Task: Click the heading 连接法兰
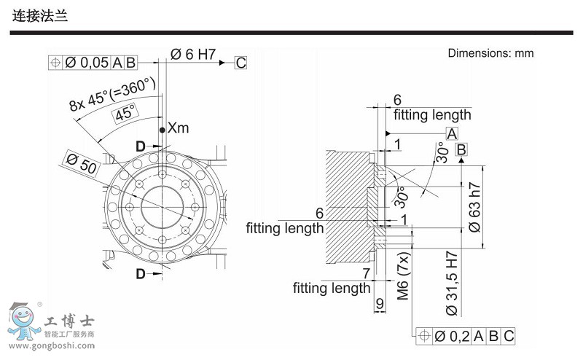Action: pos(41,15)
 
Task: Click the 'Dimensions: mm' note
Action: pos(490,53)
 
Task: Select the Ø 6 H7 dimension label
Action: pos(193,54)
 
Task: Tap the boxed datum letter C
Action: pos(240,63)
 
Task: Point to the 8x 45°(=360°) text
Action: pos(113,94)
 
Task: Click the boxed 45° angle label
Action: pos(125,113)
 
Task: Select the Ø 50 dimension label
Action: pos(81,163)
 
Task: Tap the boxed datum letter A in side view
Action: pos(451,133)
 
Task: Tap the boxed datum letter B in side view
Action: pos(461,150)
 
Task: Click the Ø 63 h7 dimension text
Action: pos(474,206)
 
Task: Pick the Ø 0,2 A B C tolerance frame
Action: pos(465,336)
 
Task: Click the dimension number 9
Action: pos(379,303)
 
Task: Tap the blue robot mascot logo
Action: pos(24,321)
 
